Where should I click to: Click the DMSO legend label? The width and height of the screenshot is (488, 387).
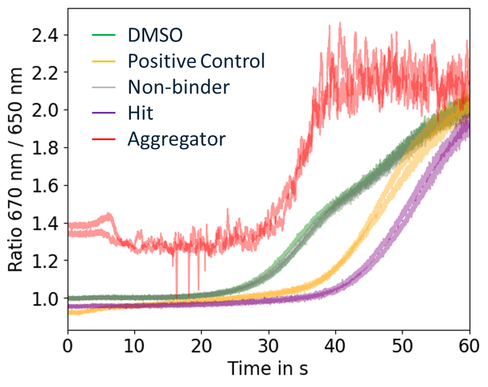point(155,35)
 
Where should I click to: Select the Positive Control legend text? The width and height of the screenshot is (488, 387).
point(196,61)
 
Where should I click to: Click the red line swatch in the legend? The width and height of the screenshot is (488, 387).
point(104,139)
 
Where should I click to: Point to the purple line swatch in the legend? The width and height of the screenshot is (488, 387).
point(104,113)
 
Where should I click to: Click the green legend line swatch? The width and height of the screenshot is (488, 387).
point(104,36)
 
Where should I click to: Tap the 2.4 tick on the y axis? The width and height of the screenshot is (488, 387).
point(48,35)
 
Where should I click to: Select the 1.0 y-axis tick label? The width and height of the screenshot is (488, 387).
point(48,299)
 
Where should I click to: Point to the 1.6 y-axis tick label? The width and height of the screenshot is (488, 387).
point(48,186)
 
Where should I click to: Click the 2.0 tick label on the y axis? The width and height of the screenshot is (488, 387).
point(48,110)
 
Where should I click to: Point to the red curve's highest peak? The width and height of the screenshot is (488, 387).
point(340,22)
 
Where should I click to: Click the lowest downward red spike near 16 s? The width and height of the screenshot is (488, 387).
point(177,297)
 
